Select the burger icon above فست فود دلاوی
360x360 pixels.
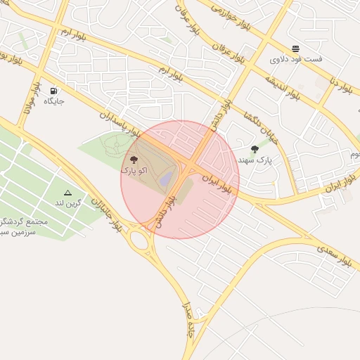click(295, 49)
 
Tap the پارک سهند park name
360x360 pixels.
click(254, 160)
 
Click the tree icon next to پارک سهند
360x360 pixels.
click(255, 149)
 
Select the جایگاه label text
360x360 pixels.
click(54, 102)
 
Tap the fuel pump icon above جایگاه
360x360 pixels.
click(54, 91)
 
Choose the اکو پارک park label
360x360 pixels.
click(134, 171)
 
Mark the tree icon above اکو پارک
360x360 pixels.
click(134, 160)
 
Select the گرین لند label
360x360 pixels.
click(69, 203)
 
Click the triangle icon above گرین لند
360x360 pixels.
click(67, 192)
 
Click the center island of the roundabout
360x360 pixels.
click(141, 241)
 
